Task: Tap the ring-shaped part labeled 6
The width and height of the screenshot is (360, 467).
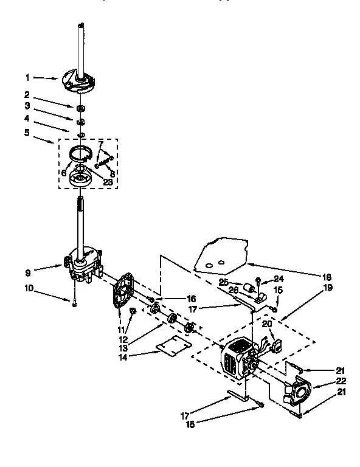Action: (x=83, y=154)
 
